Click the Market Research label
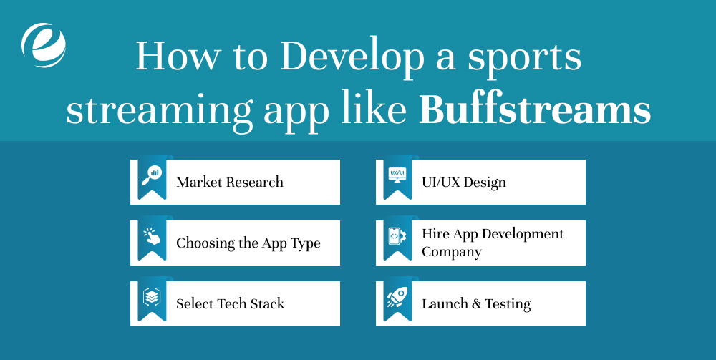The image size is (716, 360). coord(230,182)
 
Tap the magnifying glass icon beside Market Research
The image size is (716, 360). coord(152,175)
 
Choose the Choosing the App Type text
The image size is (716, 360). coord(248,243)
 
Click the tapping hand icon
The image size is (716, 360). coord(152,237)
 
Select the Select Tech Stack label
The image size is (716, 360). coord(230,303)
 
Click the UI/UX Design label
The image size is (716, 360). coord(464,182)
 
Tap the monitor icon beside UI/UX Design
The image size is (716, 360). coord(397,175)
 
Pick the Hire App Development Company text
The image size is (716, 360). coord(493,243)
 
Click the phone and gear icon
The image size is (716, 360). coord(397,236)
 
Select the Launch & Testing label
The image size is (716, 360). coord(476,303)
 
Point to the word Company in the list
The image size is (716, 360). coord(452,252)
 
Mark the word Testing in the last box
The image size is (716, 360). coord(508,304)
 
